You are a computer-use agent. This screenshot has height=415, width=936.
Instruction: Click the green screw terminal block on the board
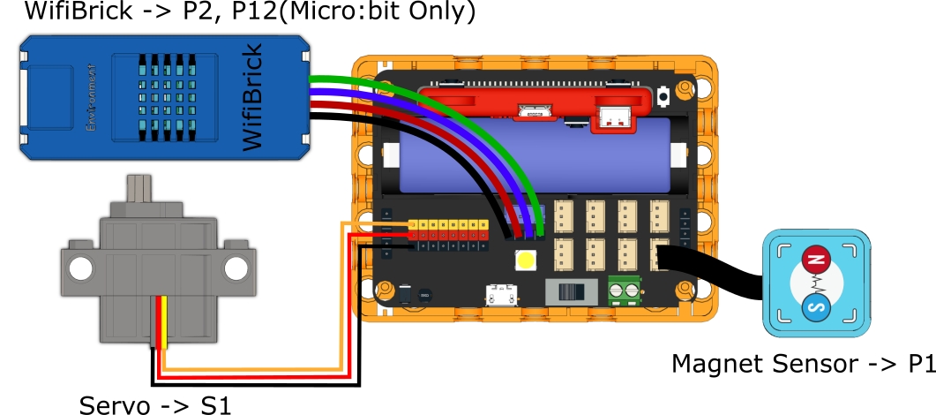pyautogui.click(x=624, y=290)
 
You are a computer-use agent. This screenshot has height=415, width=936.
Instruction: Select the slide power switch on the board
pyautogui.click(x=569, y=290)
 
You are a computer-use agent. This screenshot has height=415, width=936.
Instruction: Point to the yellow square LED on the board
pyautogui.click(x=527, y=261)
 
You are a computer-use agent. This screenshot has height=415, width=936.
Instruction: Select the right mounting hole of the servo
pyautogui.click(x=236, y=266)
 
